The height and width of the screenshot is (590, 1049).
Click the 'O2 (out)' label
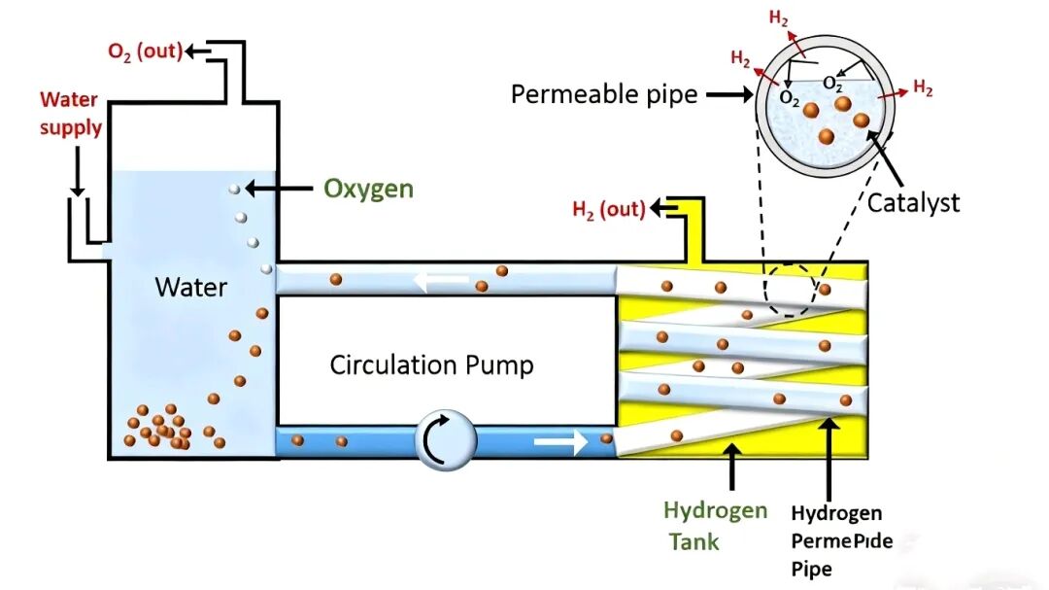pyautogui.click(x=145, y=52)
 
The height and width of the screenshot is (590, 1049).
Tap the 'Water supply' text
pyautogui.click(x=71, y=113)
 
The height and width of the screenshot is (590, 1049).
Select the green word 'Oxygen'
pyautogui.click(x=368, y=188)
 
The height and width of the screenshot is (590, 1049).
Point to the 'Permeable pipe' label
pyautogui.click(x=604, y=94)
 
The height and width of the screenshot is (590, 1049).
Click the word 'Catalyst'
pyautogui.click(x=913, y=203)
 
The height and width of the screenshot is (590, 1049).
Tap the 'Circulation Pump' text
pyautogui.click(x=431, y=365)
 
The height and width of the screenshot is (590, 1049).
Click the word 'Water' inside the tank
pyautogui.click(x=191, y=287)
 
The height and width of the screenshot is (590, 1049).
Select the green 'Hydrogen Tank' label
pyautogui.click(x=715, y=525)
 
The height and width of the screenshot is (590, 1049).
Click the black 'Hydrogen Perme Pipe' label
pyautogui.click(x=836, y=539)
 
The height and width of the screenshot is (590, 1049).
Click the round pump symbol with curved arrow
pyautogui.click(x=446, y=440)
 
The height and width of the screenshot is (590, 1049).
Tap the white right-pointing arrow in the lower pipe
pyautogui.click(x=560, y=442)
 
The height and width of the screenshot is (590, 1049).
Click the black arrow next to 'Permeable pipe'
pyautogui.click(x=725, y=94)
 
